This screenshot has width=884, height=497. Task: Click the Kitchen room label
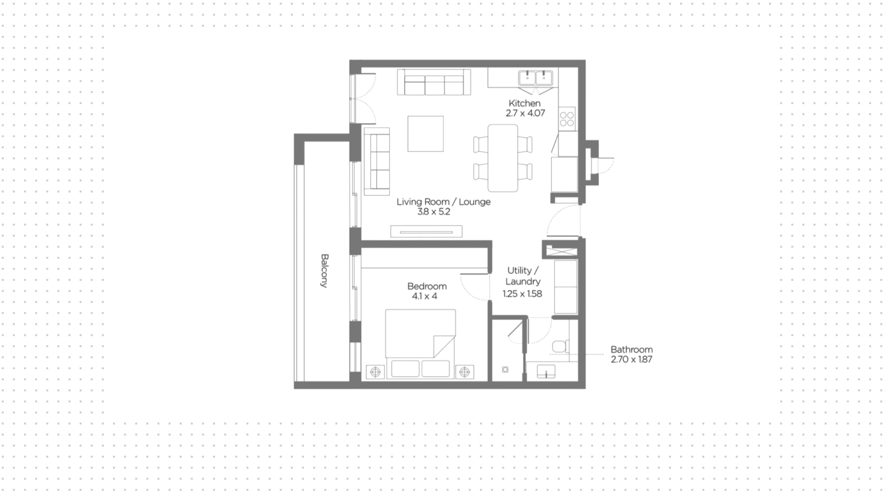tap(524, 103)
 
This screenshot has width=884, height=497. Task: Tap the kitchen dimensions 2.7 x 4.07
tap(525, 113)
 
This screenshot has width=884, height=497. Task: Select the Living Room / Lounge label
tap(443, 201)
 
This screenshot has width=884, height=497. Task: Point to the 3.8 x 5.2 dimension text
tap(434, 212)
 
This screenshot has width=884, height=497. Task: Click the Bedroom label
tap(427, 286)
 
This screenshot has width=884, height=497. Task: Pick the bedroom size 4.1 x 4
tap(425, 296)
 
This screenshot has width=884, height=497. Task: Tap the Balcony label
tap(325, 271)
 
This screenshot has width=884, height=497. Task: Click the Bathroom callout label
tap(632, 349)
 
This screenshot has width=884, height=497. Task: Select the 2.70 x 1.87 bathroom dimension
tap(632, 359)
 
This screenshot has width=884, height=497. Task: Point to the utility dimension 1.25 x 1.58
tap(522, 294)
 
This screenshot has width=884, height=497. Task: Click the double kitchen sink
tap(535, 78)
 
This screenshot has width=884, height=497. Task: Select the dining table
tap(503, 158)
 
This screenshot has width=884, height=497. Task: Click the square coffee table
tap(425, 134)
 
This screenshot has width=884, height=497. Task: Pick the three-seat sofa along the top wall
tap(434, 82)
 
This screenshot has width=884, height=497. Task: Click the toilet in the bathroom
tap(561, 346)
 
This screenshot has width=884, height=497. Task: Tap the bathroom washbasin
tap(546, 371)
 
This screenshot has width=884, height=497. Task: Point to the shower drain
tap(505, 370)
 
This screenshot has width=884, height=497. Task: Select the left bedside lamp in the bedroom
tap(376, 372)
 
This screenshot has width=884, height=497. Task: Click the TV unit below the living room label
tap(426, 231)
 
